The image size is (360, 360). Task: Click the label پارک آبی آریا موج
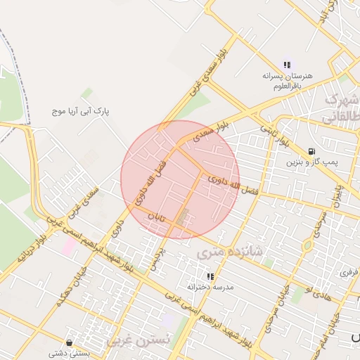[83, 111]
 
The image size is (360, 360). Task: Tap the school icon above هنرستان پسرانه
[287, 65]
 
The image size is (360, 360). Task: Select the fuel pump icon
[311, 151]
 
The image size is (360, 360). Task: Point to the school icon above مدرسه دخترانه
[210, 276]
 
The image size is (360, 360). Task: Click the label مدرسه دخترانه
[210, 288]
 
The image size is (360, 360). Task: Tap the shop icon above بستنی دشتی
[69, 342]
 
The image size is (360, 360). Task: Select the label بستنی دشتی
[69, 353]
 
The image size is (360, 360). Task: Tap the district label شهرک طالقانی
[342, 108]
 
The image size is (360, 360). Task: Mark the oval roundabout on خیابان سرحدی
[307, 246]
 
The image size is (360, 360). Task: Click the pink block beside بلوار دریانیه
[70, 246]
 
